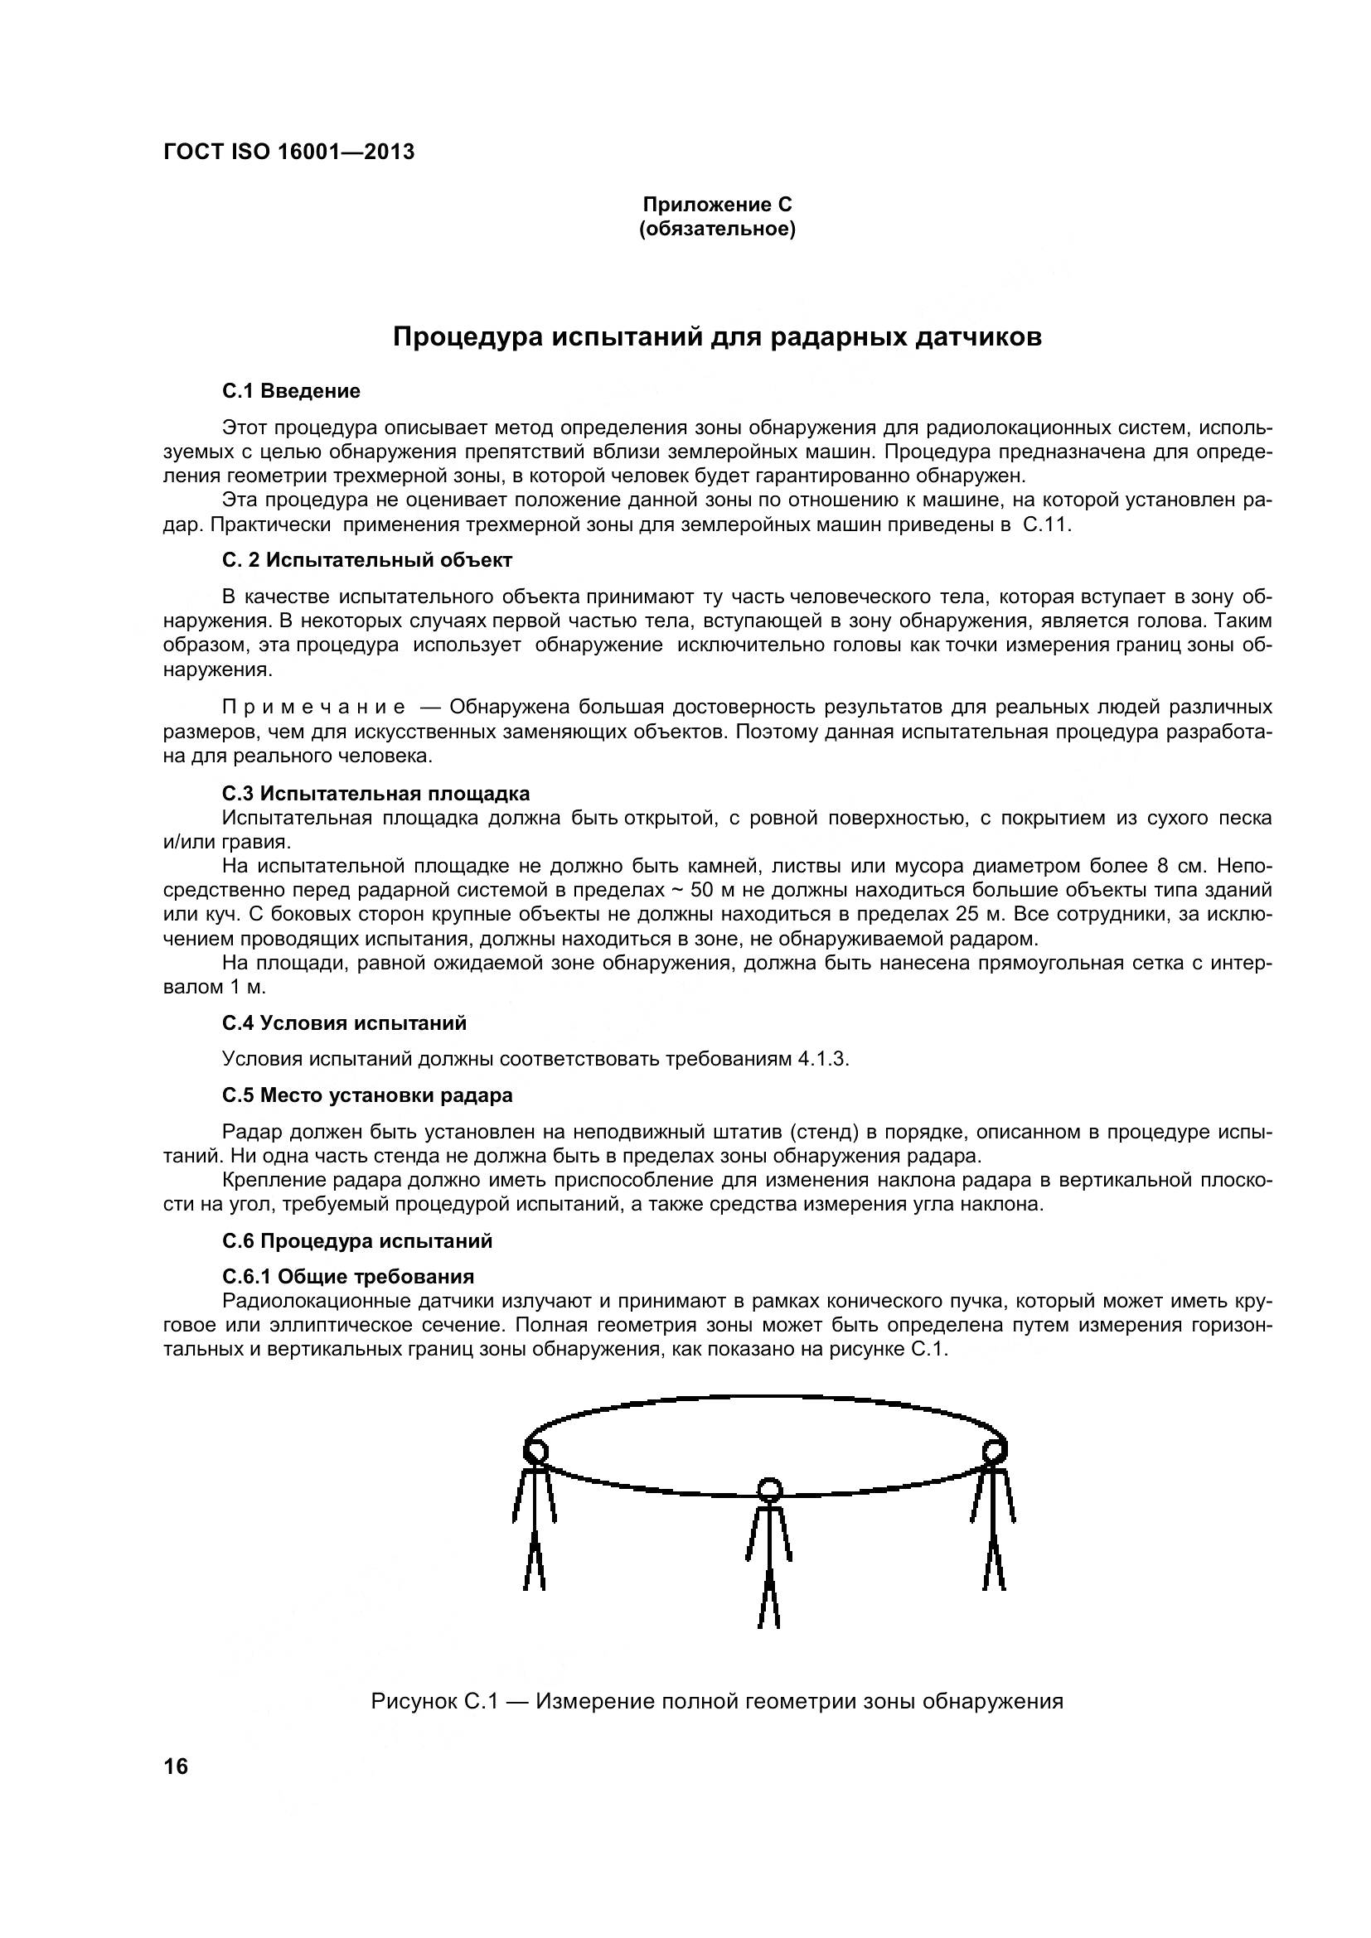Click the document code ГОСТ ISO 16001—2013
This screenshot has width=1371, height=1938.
288,152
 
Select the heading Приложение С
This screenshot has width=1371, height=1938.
718,205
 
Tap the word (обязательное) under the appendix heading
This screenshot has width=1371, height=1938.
718,230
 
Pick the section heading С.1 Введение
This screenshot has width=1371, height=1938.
291,391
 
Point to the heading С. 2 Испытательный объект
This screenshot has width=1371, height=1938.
367,560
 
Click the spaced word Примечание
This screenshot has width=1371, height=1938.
313,707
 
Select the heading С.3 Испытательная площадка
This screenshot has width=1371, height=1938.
375,794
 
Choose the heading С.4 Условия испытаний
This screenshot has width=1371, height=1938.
345,1023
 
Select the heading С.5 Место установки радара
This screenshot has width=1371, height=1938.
367,1095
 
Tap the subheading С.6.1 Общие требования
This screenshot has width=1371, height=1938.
348,1276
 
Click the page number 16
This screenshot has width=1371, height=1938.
177,1766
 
